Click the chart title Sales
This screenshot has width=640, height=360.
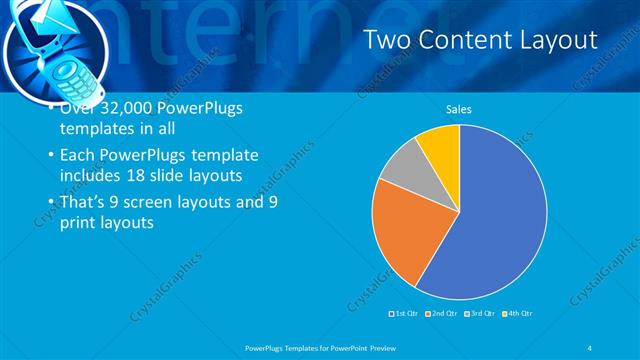(x=459, y=109)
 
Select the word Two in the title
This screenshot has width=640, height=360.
(x=385, y=40)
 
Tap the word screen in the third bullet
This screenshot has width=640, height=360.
(x=167, y=201)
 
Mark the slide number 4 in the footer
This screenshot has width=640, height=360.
(x=589, y=347)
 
